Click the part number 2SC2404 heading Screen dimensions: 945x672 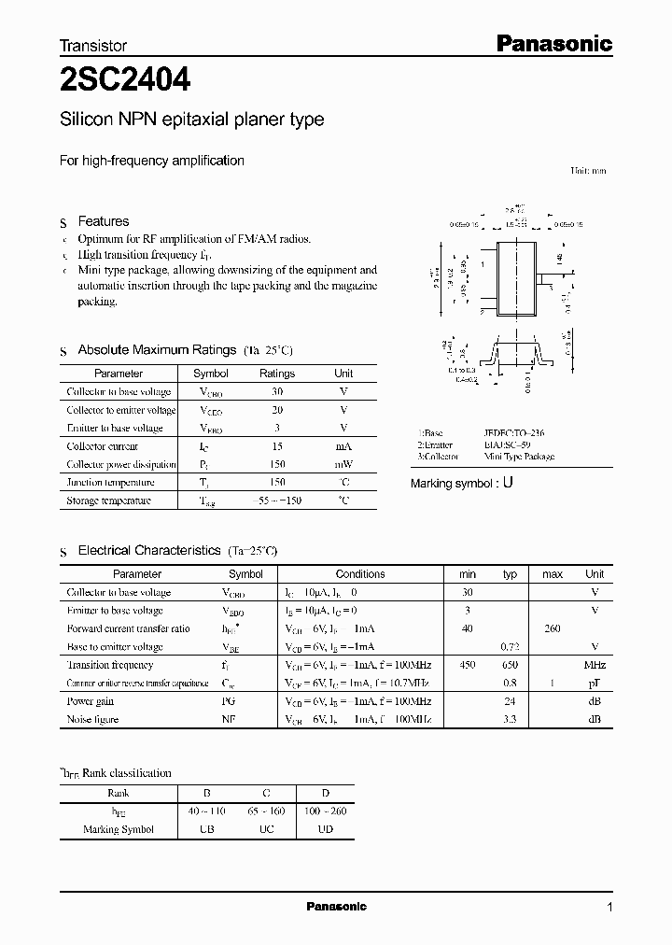tap(125, 81)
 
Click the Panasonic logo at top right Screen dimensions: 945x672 tap(552, 44)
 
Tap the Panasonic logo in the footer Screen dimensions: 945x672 tap(337, 907)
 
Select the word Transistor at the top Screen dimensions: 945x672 tap(93, 45)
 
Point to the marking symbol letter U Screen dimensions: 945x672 tap(508, 484)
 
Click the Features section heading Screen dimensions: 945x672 tap(103, 221)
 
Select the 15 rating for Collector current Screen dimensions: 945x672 tap(276, 446)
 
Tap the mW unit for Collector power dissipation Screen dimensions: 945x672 tap(343, 464)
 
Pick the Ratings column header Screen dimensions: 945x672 tap(276, 374)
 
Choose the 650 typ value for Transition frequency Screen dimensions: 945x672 tap(510, 665)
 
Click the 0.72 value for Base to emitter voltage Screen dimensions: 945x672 tap(510, 647)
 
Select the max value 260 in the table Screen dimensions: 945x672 tap(552, 628)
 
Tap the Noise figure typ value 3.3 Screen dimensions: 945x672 tap(510, 719)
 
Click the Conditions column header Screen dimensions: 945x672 tap(360, 574)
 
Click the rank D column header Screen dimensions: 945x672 tap(325, 793)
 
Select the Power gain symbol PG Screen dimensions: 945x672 tap(230, 701)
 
